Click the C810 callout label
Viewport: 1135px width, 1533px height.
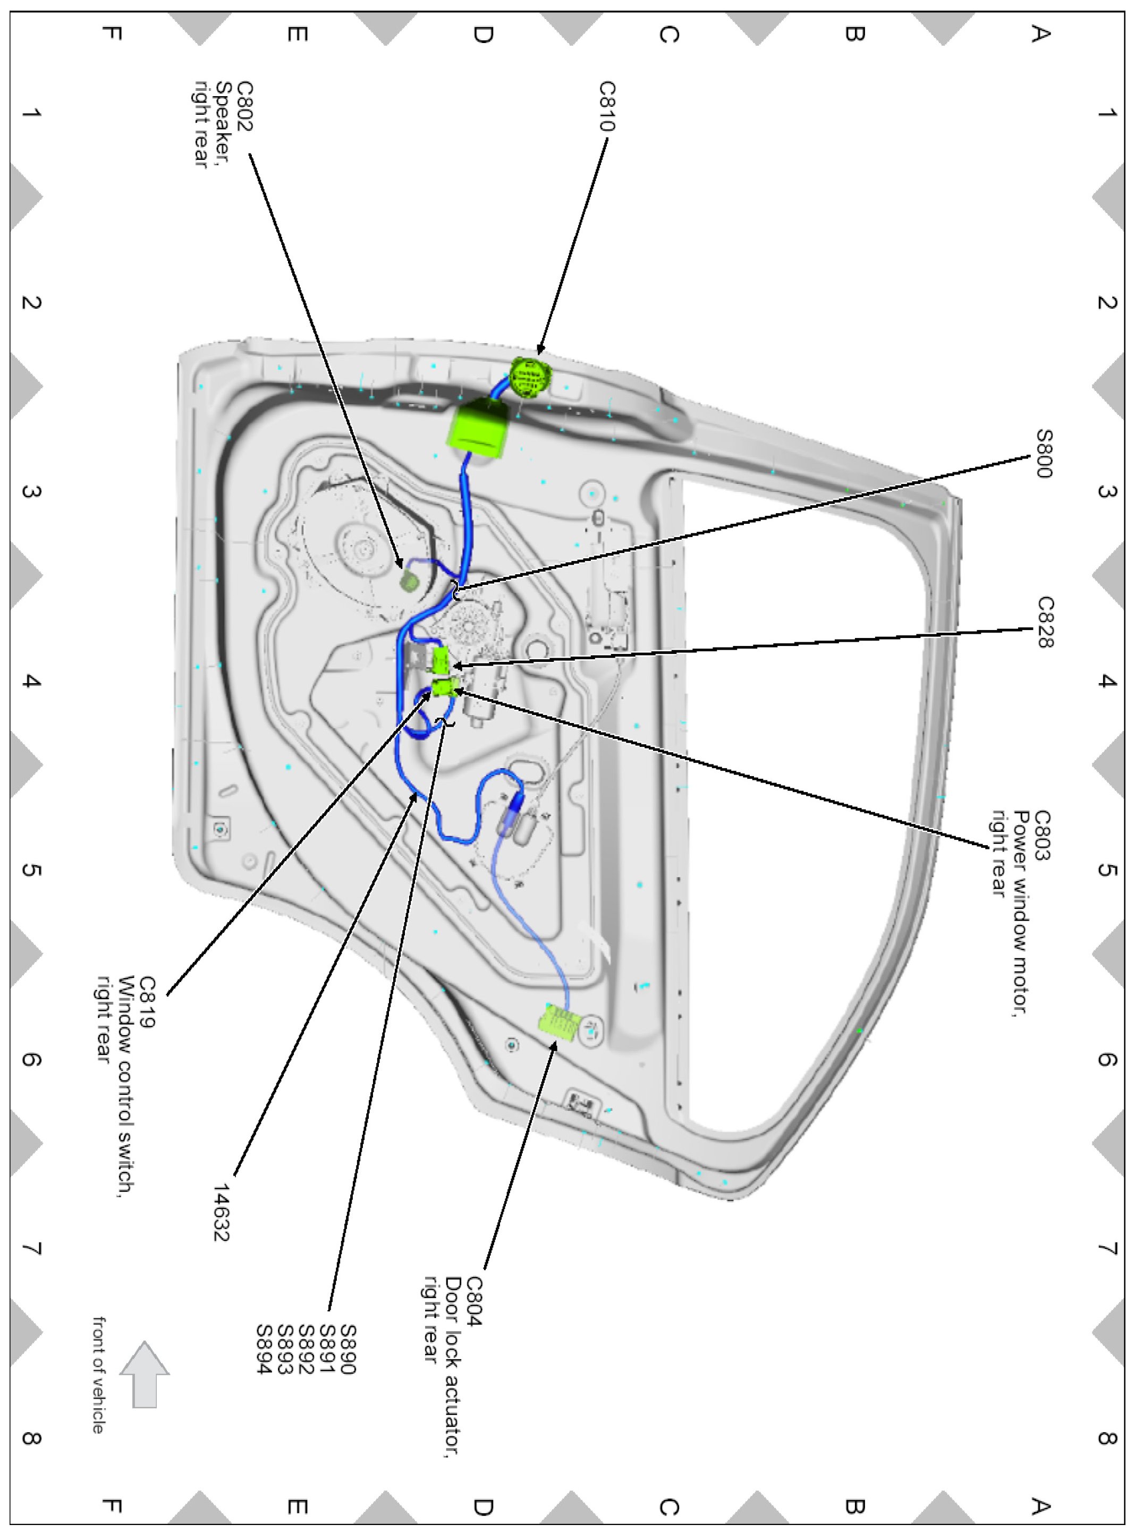tap(607, 106)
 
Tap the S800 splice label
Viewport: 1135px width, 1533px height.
tap(1044, 453)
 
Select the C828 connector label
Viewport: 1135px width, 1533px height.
tap(1045, 621)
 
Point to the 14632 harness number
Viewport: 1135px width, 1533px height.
tap(221, 1212)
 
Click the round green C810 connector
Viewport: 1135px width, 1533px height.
tap(530, 377)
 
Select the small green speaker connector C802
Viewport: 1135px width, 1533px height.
tap(410, 582)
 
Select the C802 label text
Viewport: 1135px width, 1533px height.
tap(244, 106)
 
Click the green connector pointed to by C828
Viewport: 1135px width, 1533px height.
tap(441, 659)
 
